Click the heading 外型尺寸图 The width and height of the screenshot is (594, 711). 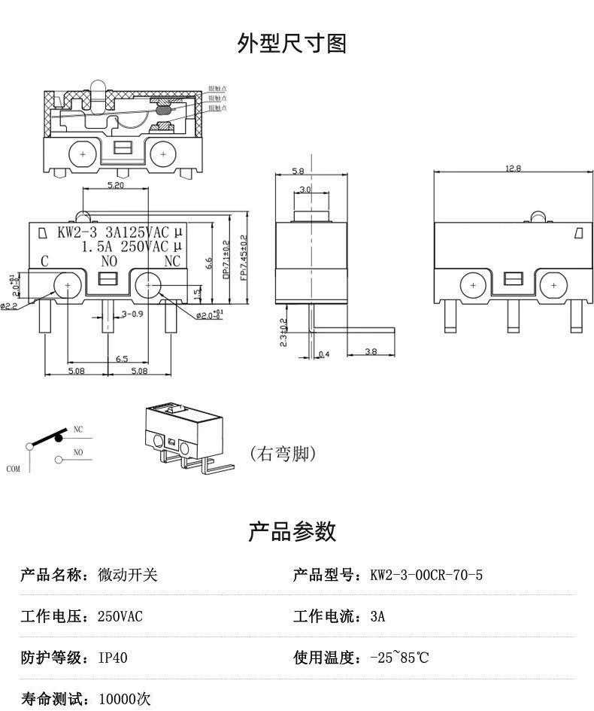(x=292, y=44)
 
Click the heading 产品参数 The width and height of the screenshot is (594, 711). (x=292, y=532)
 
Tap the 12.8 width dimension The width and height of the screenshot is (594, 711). (x=513, y=169)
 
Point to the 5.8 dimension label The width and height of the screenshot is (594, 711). (x=299, y=171)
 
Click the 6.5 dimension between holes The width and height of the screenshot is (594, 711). (x=111, y=358)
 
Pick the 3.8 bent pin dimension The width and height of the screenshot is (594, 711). (x=371, y=351)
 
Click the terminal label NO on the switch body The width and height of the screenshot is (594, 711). (x=109, y=262)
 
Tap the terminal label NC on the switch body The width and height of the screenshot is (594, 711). (x=172, y=262)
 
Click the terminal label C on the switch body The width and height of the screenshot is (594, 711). (x=44, y=262)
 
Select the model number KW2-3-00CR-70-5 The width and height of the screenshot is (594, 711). (x=426, y=576)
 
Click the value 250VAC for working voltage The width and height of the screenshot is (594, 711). (x=120, y=617)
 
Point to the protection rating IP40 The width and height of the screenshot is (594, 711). (x=114, y=658)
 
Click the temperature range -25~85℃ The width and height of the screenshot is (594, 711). (x=399, y=658)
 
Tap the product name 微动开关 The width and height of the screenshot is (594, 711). (x=128, y=576)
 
